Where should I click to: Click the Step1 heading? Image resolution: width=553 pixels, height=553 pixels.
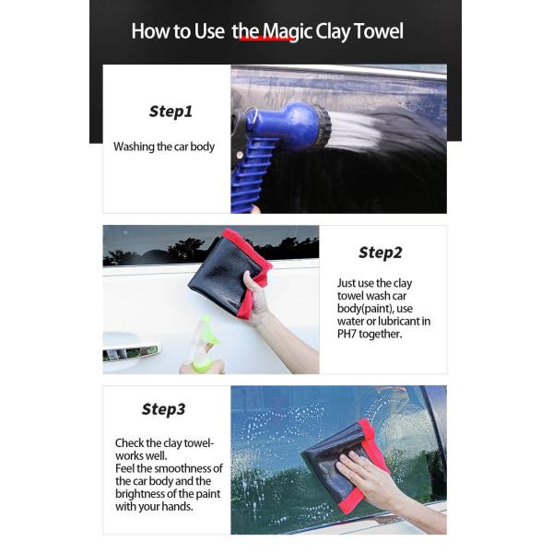[171, 112]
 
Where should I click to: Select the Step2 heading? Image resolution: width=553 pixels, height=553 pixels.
[380, 253]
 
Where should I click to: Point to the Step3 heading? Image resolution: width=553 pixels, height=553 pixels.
[164, 409]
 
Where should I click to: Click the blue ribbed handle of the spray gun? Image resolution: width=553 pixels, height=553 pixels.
[251, 176]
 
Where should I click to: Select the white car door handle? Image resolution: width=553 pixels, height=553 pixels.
[131, 347]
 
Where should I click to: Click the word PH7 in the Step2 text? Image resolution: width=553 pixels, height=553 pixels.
[347, 334]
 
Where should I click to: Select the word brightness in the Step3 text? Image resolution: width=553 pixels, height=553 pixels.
[141, 494]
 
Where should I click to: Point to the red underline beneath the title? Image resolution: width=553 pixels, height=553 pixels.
[269, 39]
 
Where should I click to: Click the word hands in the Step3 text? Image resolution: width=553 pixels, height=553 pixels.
[179, 506]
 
